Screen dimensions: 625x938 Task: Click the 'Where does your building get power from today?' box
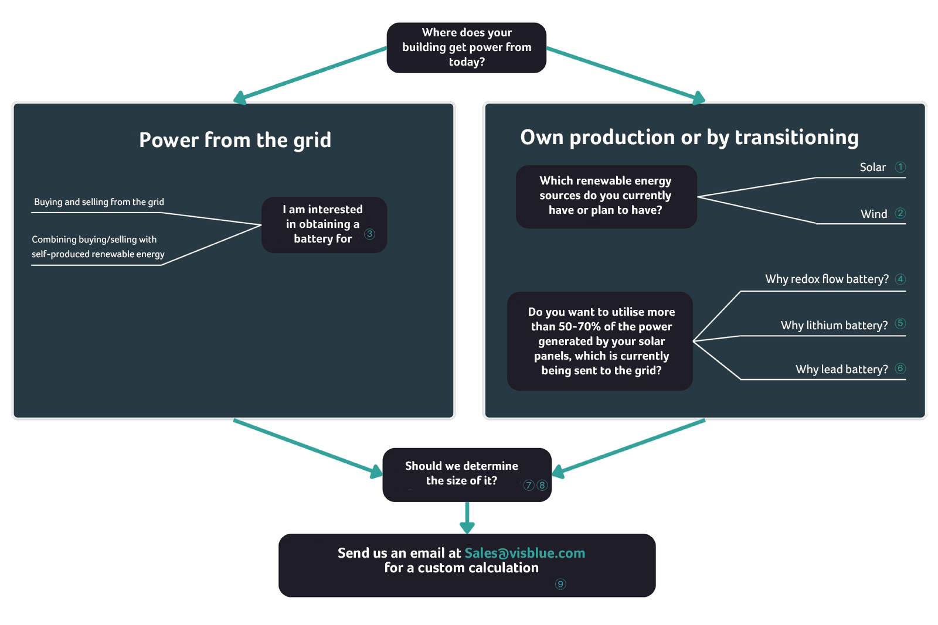[x=466, y=47]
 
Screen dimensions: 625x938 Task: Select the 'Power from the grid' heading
[x=235, y=141]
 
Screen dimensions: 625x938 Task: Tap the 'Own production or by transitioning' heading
[x=689, y=138]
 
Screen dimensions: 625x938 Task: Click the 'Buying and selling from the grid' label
[x=99, y=202]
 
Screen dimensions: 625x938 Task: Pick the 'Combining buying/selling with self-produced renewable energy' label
[x=98, y=247]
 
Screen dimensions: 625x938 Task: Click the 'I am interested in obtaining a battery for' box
[x=323, y=224]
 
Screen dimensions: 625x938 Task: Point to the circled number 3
[x=369, y=234]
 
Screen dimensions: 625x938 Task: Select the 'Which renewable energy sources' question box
[x=606, y=196]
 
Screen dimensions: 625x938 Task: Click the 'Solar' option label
[x=872, y=168]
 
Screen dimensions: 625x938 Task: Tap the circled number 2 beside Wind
[x=900, y=213]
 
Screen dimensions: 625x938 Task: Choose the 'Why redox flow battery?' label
[x=827, y=279]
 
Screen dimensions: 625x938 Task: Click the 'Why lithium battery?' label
[x=834, y=326]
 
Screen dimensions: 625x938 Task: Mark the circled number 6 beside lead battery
[x=900, y=368]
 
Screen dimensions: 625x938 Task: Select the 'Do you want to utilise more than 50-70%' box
[x=600, y=341]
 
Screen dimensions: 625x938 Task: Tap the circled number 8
[x=542, y=485]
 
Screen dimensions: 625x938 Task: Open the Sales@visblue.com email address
[x=525, y=553]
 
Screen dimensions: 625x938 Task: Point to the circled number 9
[x=560, y=584]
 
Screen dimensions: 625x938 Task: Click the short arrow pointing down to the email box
[x=467, y=518]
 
